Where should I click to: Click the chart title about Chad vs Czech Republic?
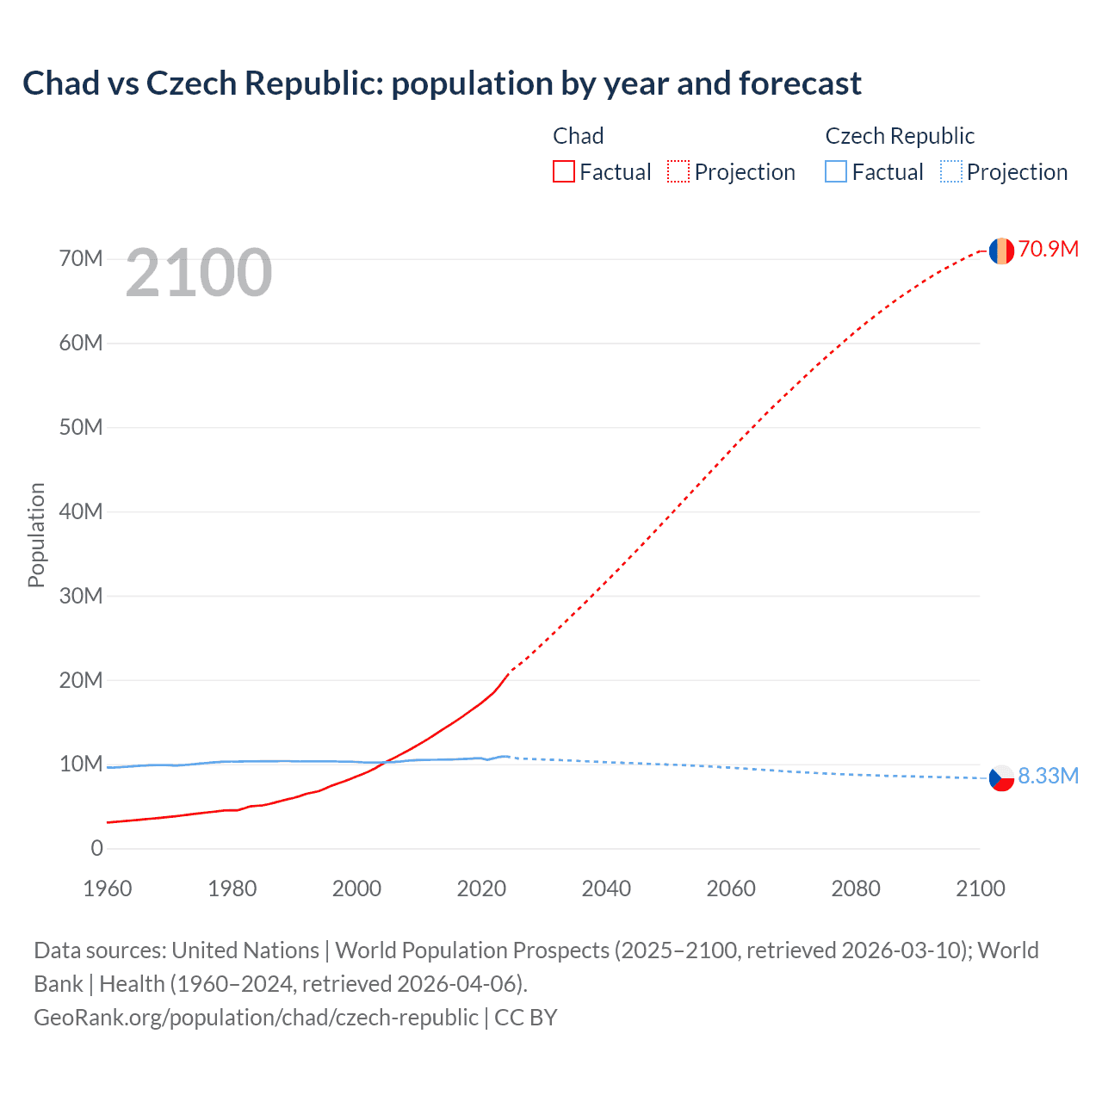coord(442,84)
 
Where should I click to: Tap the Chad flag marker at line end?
coord(1000,251)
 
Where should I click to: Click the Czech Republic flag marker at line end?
coord(1000,778)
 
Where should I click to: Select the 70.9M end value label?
coord(1048,250)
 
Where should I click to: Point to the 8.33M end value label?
coord(1048,777)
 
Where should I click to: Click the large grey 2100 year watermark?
coord(199,273)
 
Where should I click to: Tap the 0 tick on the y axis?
coord(96,849)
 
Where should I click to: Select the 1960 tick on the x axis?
coord(108,889)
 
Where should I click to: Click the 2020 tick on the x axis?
coord(481,889)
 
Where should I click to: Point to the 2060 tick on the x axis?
coord(731,889)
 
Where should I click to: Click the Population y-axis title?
coord(36,535)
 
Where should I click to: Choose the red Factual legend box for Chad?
coord(563,172)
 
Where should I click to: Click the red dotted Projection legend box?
coord(678,172)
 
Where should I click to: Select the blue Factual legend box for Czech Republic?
coord(835,172)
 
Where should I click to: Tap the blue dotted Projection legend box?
coord(950,172)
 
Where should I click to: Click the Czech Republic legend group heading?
coord(900,136)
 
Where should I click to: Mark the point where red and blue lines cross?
coord(383,763)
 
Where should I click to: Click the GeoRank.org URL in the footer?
coord(256,1018)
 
